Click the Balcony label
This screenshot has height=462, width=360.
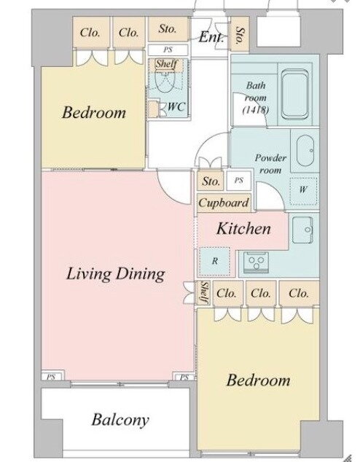pos(120,420)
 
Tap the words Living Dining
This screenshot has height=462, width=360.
pos(115,274)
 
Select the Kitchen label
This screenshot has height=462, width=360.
pos(243,229)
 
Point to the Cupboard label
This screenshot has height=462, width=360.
pos(224,203)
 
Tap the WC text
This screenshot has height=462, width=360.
pos(176,106)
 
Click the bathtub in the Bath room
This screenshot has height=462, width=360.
pos(295,94)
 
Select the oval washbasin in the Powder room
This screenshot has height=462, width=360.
pos(305,151)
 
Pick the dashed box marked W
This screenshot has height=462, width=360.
pos(304,191)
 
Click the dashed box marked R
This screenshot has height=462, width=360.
pos(215,261)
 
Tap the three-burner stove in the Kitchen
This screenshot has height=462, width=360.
pos(255,262)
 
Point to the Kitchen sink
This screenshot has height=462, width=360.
pos(303,230)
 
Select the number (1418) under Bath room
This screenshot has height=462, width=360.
pos(255,109)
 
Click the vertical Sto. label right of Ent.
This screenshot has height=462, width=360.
pos(240,34)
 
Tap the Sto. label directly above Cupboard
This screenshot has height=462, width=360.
pos(211,181)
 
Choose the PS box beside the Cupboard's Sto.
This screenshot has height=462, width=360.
pos(239,180)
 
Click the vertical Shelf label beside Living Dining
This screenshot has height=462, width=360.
pos(204,293)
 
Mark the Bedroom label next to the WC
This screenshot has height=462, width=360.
pos(94,112)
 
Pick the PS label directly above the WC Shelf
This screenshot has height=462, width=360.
pos(168,50)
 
